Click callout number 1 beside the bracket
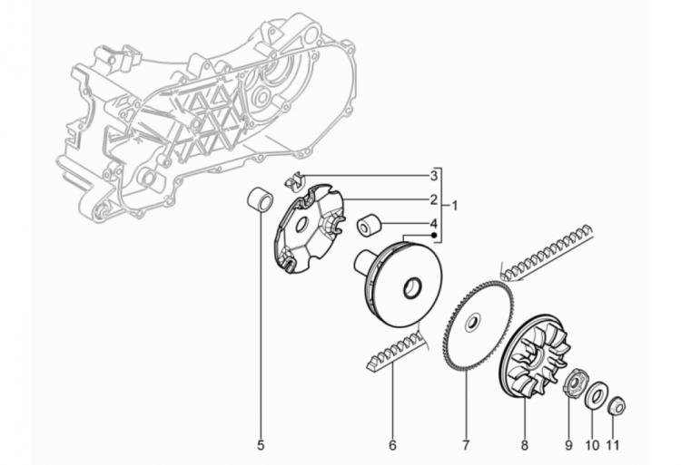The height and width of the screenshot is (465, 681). pyautogui.click(x=454, y=205)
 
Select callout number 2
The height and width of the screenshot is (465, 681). pyautogui.click(x=433, y=199)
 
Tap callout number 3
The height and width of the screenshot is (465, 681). pyautogui.click(x=433, y=176)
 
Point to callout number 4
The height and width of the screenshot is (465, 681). pyautogui.click(x=433, y=224)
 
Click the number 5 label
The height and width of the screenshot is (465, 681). pyautogui.click(x=261, y=445)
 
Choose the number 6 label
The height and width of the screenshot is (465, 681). pyautogui.click(x=392, y=445)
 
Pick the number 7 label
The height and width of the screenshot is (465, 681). pyautogui.click(x=466, y=445)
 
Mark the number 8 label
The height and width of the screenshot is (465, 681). pyautogui.click(x=525, y=445)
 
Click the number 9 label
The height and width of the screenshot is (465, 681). pyautogui.click(x=568, y=445)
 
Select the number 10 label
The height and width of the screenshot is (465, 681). pyautogui.click(x=592, y=445)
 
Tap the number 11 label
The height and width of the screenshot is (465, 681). pyautogui.click(x=613, y=445)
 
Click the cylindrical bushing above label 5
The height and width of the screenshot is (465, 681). pyautogui.click(x=261, y=200)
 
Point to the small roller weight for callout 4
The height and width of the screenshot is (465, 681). pyautogui.click(x=369, y=226)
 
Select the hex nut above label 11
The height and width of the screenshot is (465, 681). pyautogui.click(x=617, y=406)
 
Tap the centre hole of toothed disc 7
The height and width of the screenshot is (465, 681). pyautogui.click(x=472, y=324)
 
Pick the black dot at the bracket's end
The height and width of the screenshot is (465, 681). pyautogui.click(x=433, y=236)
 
